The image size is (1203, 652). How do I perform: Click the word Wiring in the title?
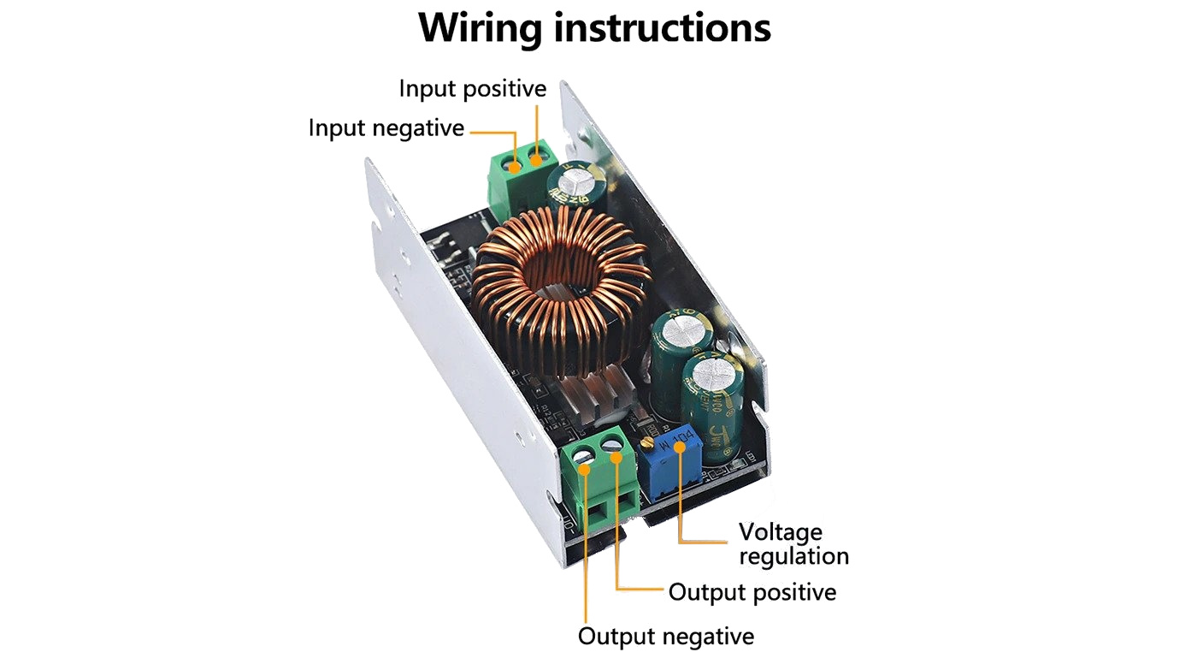(x=481, y=27)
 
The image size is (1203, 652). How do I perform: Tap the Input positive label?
(x=472, y=88)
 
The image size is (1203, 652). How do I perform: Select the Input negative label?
(x=386, y=128)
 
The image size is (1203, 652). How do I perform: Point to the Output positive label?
(x=752, y=591)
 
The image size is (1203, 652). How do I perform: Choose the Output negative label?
(x=665, y=637)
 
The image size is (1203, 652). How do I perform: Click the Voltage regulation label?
(x=793, y=543)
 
